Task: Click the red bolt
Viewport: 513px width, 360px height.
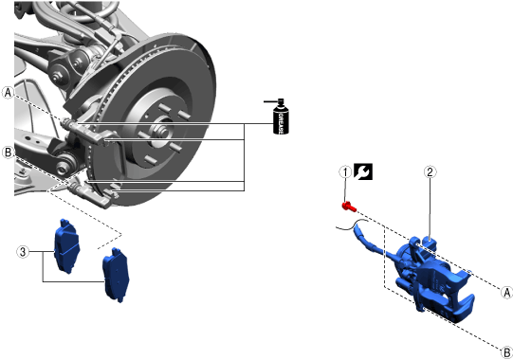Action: (349, 207)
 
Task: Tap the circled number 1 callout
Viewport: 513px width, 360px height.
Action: (345, 172)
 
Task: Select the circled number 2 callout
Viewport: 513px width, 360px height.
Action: (430, 172)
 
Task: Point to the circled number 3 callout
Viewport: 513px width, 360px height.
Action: (23, 252)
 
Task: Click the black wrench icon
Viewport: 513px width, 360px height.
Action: (363, 171)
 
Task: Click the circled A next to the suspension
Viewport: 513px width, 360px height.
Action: (8, 93)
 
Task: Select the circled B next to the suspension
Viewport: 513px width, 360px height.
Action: (8, 153)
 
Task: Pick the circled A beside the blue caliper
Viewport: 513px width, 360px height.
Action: (506, 292)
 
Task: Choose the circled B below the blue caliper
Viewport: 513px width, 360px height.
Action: (506, 352)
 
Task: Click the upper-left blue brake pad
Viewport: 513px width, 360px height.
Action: (66, 246)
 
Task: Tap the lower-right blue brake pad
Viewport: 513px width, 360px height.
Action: (116, 275)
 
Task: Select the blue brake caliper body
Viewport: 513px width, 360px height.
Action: (435, 281)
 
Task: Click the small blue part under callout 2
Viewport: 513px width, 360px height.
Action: (430, 244)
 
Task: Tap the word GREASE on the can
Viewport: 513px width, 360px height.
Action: (281, 123)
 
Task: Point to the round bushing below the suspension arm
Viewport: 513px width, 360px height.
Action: (63, 167)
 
